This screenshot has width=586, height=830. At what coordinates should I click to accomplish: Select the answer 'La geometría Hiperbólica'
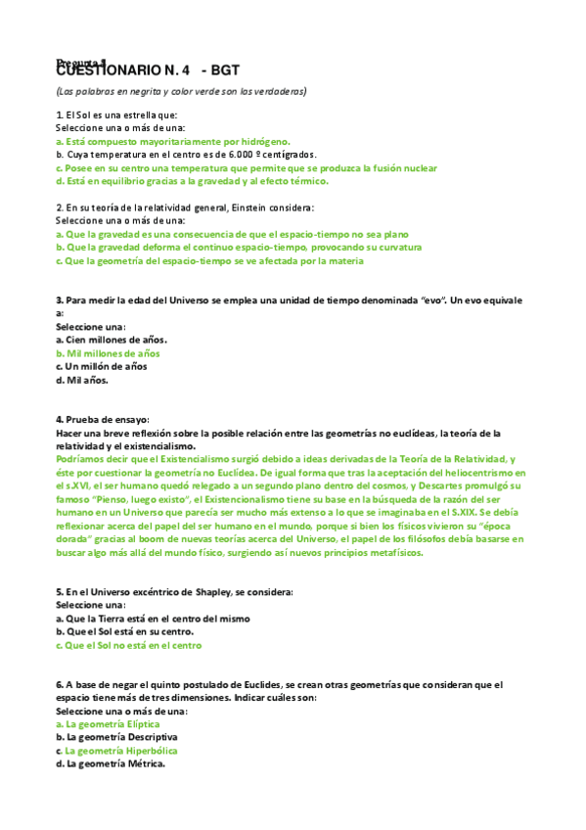(121, 751)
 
